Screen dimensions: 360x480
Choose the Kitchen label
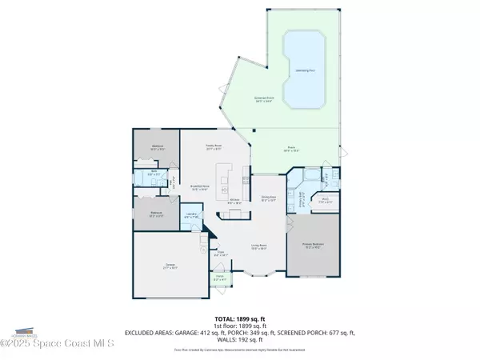234,202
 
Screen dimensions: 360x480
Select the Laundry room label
191,215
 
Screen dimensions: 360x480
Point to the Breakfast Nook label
200,188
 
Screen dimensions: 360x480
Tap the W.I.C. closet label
326,200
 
